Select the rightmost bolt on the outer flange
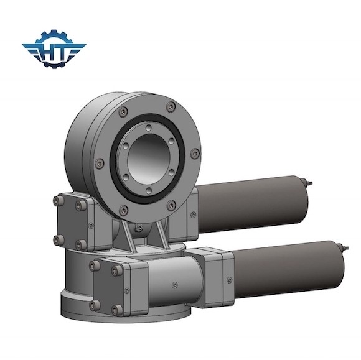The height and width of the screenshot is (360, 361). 196,152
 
